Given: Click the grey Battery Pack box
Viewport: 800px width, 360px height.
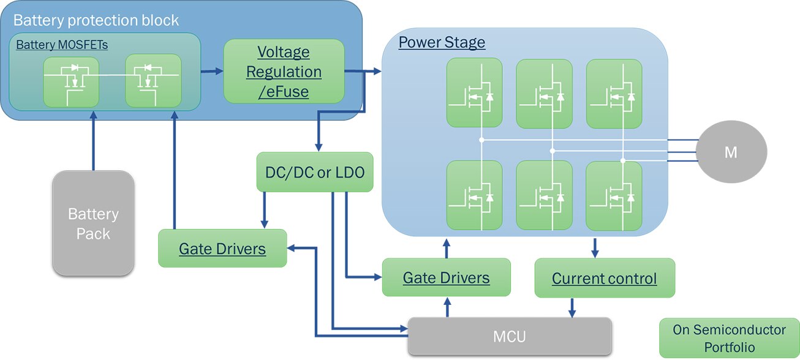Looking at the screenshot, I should tap(93, 223).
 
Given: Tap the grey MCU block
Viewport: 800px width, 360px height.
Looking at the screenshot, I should tap(510, 336).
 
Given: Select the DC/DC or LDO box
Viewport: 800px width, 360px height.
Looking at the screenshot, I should tap(315, 172).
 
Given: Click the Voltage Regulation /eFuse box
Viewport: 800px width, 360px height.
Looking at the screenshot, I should tap(283, 71).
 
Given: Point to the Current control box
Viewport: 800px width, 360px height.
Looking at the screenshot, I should tap(604, 279).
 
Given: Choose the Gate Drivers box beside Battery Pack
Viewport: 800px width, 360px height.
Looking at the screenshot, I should tap(222, 248).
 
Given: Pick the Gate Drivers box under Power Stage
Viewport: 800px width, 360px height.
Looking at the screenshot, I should tap(446, 277).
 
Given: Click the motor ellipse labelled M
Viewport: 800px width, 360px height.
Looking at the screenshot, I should tap(730, 152).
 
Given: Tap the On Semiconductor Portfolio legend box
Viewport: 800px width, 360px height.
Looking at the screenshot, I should tap(729, 338).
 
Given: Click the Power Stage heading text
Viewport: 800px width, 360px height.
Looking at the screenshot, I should tap(442, 43).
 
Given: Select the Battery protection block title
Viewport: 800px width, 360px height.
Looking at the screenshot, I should tap(96, 20).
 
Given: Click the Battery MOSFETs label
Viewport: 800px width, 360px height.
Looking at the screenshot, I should tap(62, 45).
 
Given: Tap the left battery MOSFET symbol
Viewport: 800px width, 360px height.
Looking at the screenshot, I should tap(71, 81).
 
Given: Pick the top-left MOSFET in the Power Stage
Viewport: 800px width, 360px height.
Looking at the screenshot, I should tap(474, 92).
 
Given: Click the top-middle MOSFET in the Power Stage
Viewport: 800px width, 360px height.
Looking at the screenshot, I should tap(544, 92).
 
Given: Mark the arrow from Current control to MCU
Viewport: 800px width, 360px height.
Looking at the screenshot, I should tap(572, 307).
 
